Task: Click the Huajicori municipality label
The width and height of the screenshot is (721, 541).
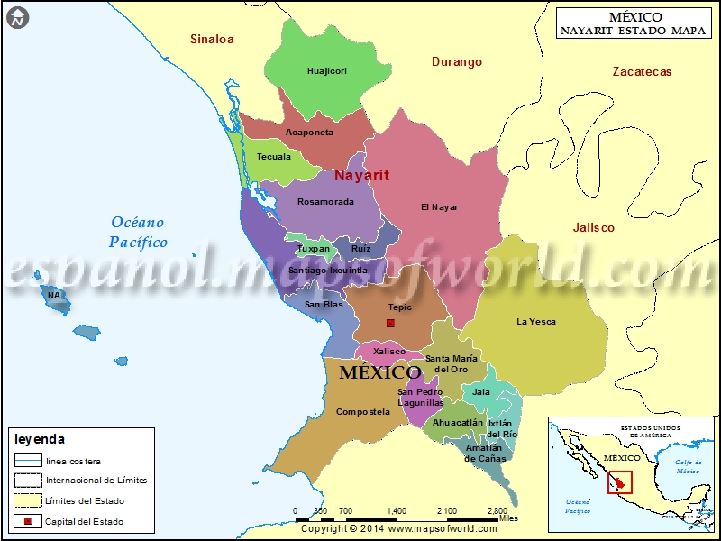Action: pos(326,71)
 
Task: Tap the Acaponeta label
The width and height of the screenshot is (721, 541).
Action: pos(309,133)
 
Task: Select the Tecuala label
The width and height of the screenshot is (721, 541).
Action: pos(274,157)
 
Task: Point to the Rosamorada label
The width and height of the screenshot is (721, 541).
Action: pos(325,202)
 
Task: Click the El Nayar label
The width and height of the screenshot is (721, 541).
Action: pos(439,207)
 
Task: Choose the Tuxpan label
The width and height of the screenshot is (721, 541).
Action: pos(314,248)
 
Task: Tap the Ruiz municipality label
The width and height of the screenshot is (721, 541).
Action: pos(360,248)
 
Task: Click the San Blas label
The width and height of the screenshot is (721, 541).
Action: pos(324,305)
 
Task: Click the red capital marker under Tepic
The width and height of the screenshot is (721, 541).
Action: pos(390,323)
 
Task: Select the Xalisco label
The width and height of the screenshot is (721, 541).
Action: pos(389,352)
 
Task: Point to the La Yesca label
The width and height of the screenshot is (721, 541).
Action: pos(536,322)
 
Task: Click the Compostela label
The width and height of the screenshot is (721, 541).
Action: pos(362,412)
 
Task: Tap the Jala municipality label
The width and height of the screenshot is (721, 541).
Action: pos(481,392)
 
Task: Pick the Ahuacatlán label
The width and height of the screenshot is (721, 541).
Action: pos(458,422)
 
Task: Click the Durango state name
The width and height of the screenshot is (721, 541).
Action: pos(456,62)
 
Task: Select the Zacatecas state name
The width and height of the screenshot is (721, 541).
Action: pos(641,72)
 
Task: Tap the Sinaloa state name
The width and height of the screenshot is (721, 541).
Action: pos(212,39)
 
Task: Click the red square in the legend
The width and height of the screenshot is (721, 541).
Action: pos(28,521)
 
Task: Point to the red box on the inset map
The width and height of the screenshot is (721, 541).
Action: pos(620,481)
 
